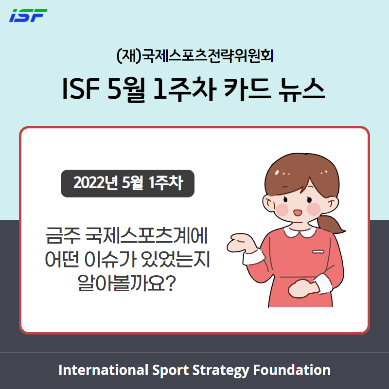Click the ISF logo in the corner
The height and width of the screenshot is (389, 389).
[28, 16]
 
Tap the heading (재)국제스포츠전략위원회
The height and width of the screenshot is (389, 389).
[195, 56]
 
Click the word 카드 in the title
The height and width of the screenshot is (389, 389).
[247, 89]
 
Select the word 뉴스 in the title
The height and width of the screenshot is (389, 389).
[301, 89]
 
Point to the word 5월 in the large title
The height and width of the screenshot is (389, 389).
[126, 90]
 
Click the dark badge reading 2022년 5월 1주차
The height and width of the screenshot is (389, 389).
[127, 184]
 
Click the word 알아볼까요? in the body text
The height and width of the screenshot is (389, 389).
[127, 283]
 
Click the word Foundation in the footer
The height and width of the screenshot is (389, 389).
[292, 370]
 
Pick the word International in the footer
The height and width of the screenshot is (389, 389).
[104, 370]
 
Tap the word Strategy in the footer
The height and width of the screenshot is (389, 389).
[221, 371]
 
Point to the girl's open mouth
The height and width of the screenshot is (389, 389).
[298, 213]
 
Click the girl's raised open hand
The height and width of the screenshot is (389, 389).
[242, 244]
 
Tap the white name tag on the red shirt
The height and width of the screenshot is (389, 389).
[318, 252]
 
